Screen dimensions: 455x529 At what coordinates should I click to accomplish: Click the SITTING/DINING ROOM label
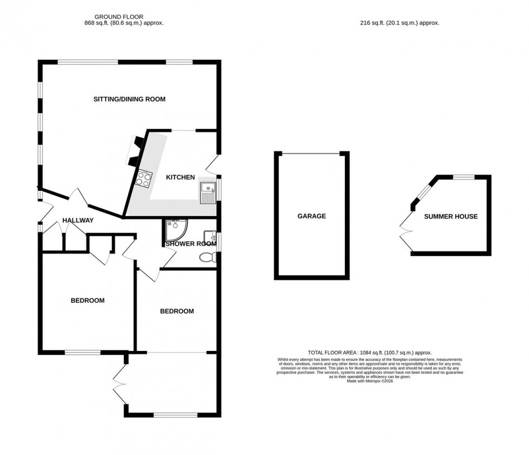click(129, 99)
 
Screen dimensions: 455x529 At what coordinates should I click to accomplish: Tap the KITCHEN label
click(180, 177)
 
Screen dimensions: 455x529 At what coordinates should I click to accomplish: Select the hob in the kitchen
click(144, 178)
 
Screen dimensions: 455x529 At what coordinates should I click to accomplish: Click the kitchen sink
click(207, 191)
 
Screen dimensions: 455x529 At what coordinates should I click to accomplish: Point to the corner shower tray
click(174, 230)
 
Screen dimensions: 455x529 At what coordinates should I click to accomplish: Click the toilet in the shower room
click(207, 258)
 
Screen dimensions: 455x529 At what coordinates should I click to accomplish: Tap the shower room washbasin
click(210, 238)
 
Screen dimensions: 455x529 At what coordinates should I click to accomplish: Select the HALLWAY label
click(78, 220)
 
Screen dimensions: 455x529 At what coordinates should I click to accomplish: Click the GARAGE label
click(311, 216)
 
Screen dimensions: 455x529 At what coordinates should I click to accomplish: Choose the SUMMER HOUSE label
click(450, 217)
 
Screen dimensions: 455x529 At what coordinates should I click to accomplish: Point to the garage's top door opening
click(311, 154)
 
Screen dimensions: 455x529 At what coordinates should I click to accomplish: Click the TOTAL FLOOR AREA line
click(370, 352)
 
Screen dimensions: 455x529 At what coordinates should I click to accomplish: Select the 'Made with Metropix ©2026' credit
click(370, 381)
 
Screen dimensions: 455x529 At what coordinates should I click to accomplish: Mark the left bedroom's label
click(87, 300)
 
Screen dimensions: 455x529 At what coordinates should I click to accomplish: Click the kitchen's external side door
click(214, 164)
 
